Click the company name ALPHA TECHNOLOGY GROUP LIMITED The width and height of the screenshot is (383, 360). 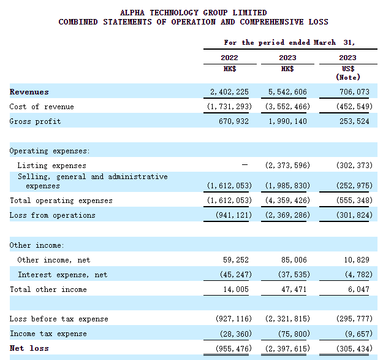pyautogui.click(x=193, y=12)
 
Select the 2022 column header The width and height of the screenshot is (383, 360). pyautogui.click(x=229, y=58)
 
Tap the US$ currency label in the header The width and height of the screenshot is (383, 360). pyautogui.click(x=347, y=69)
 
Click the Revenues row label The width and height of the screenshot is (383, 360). pyautogui.click(x=29, y=92)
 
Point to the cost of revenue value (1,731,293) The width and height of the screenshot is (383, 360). pyautogui.click(x=227, y=107)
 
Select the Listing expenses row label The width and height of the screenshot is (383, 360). pyautogui.click(x=51, y=166)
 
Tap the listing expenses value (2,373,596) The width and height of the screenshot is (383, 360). pyautogui.click(x=287, y=166)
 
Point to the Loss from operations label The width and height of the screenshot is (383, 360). pyautogui.click(x=52, y=215)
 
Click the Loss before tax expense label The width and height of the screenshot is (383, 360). pyautogui.click(x=58, y=319)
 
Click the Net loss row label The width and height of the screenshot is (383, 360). pyautogui.click(x=29, y=348)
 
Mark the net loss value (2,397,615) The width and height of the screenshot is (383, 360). pyautogui.click(x=287, y=348)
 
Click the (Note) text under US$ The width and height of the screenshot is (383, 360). pyautogui.click(x=347, y=77)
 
